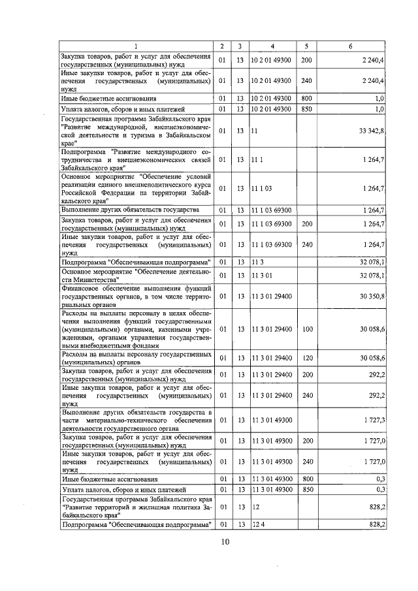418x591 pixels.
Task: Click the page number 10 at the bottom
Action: coord(225,541)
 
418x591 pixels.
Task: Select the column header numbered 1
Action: coord(136,46)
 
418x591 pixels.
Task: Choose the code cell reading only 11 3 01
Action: coord(260,276)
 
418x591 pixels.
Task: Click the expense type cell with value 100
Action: coord(306,329)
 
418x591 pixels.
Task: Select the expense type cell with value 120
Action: coord(306,357)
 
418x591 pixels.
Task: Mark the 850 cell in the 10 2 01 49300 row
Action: coord(306,108)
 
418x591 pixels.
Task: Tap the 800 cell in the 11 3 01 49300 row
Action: coord(306,479)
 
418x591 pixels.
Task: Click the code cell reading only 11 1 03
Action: coord(260,189)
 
